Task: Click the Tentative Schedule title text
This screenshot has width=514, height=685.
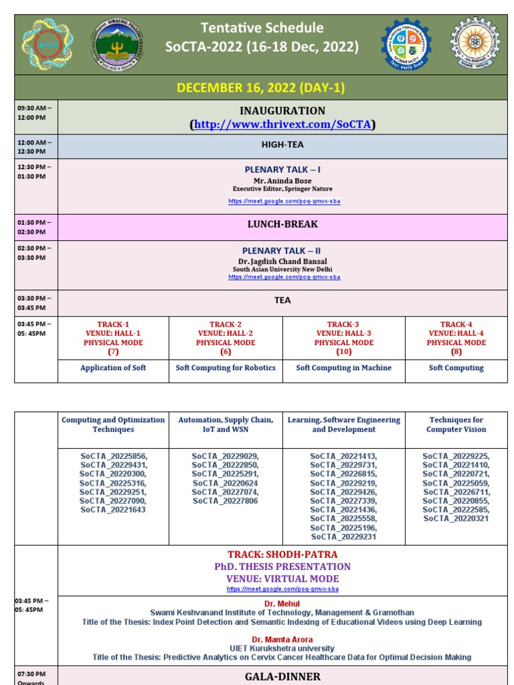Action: coord(262,28)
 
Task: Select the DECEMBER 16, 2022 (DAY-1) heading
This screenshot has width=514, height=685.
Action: coord(260,88)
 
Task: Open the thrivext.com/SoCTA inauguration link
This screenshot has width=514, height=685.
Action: coord(282,124)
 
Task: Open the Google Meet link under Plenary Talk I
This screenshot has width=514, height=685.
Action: coord(284,201)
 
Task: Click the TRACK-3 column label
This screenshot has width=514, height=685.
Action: coord(343,324)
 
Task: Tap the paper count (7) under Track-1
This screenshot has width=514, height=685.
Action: coord(112,352)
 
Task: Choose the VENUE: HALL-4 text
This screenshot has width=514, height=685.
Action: coord(456,333)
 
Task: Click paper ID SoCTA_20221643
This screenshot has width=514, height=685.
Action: coord(112,510)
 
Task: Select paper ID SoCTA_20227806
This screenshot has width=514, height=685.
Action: coord(225,501)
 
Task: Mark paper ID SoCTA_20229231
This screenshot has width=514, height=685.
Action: coord(343,536)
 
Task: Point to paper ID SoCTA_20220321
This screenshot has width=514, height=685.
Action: coord(456,518)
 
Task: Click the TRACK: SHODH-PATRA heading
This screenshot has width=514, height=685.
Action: coord(282,555)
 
